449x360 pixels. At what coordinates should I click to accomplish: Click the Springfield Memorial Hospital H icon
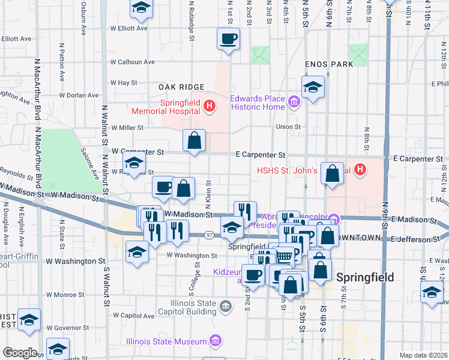(x=209, y=107)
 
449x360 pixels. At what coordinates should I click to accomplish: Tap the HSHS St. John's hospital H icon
(x=360, y=170)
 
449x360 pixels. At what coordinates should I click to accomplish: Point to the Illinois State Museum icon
(x=216, y=341)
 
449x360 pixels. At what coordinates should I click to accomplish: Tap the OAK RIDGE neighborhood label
(x=182, y=87)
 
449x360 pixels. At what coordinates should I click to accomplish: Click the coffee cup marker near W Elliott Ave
(x=228, y=40)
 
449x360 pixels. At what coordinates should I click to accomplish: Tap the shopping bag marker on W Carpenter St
(x=194, y=142)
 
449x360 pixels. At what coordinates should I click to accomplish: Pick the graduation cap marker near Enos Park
(x=313, y=88)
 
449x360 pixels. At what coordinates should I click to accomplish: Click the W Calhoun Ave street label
(x=132, y=61)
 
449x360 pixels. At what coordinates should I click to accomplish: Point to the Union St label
(x=288, y=127)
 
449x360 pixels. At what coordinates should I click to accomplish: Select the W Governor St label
(x=68, y=328)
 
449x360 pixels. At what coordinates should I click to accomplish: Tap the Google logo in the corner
(x=20, y=353)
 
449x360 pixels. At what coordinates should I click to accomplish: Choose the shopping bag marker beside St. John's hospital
(x=333, y=175)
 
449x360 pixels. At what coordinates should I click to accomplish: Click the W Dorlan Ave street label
(x=79, y=95)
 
